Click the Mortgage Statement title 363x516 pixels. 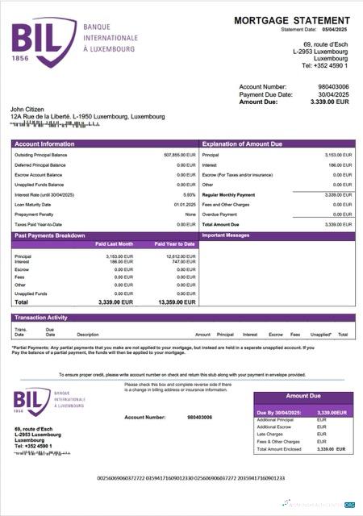(292, 20)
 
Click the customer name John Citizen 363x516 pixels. (29, 109)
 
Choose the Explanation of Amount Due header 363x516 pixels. (242, 144)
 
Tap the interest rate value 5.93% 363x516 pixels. (190, 195)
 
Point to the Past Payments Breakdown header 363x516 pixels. (51, 235)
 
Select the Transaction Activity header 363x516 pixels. (40, 318)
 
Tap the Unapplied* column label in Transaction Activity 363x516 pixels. (321, 334)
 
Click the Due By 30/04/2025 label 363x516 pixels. (278, 412)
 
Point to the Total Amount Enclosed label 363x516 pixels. (279, 448)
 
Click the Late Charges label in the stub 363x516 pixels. (270, 434)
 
